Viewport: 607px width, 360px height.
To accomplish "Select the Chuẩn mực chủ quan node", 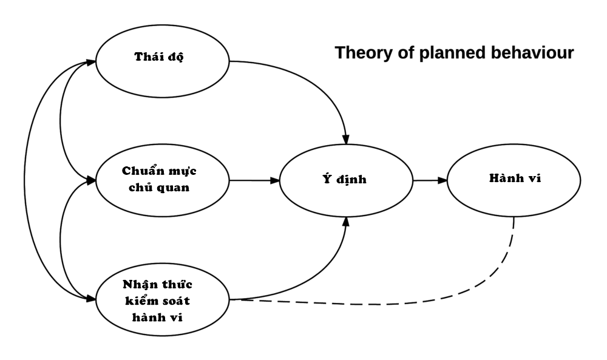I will tap(162, 180).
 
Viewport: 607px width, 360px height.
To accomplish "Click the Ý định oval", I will tap(345, 180).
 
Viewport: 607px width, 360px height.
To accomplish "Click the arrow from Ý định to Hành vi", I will tap(430, 180).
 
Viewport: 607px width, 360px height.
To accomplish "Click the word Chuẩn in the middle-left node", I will tap(139, 172).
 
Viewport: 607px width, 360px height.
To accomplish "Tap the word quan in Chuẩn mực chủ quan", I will tap(176, 188).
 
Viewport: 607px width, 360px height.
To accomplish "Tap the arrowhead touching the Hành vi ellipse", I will tap(443, 180).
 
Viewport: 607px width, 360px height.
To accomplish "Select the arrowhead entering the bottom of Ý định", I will tap(347, 223).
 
